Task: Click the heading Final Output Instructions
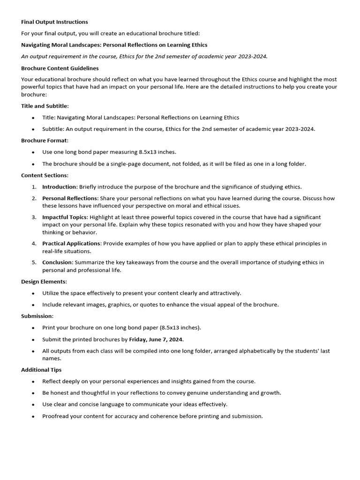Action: (54, 22)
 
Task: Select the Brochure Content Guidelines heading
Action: (60, 68)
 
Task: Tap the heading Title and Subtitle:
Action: (45, 106)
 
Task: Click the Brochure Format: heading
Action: (45, 140)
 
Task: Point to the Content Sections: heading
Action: (45, 175)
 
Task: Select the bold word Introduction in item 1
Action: (59, 187)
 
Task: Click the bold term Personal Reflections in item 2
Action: (70, 198)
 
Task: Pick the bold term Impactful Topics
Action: (65, 217)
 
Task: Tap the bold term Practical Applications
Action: (71, 243)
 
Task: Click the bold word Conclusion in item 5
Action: (57, 262)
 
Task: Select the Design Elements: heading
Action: (44, 281)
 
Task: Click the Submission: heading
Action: (37, 316)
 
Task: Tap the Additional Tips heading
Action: (41, 370)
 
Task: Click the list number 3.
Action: (34, 217)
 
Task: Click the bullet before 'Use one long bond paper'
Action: (33, 152)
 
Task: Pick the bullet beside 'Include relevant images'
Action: (33, 305)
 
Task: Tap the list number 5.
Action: (34, 262)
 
